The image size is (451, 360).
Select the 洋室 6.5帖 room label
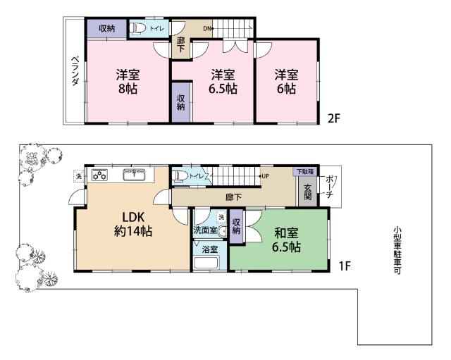click(221, 82)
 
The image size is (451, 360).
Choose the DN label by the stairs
click(207, 28)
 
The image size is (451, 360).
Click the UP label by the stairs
click(265, 175)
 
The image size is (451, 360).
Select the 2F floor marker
click(333, 118)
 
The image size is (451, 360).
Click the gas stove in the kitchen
click(99, 174)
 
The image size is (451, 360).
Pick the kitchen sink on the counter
click(134, 174)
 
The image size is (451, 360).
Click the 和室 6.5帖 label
click(286, 240)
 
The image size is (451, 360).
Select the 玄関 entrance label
click(308, 192)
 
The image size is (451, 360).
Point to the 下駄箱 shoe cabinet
click(304, 171)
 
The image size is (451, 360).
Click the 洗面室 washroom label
click(206, 230)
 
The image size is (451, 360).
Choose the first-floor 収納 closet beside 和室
click(236, 226)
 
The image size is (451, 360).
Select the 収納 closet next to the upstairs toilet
click(106, 28)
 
